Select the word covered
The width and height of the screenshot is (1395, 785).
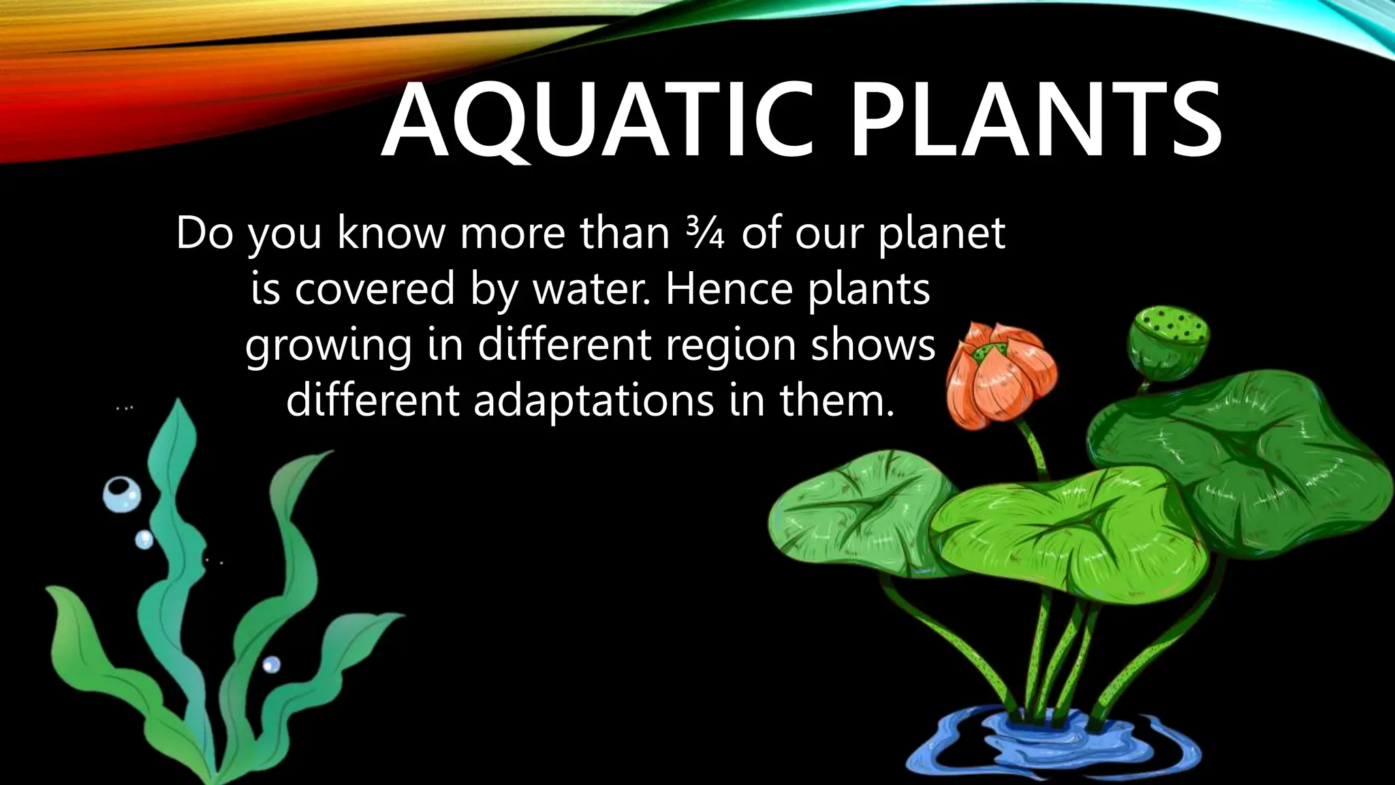click(x=375, y=289)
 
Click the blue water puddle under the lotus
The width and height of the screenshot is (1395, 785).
click(x=1049, y=743)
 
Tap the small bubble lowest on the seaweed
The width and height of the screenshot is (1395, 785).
click(x=271, y=664)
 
